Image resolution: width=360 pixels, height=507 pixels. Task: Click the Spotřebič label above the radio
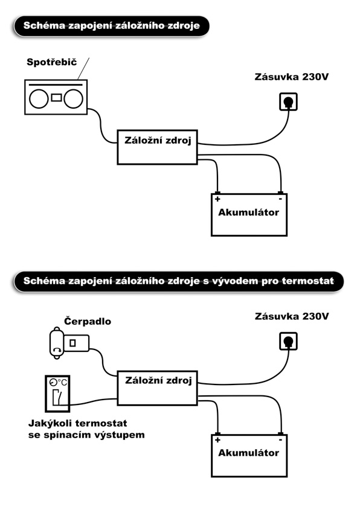[x=52, y=62]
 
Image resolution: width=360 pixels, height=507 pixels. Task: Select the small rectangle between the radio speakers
[x=56, y=97]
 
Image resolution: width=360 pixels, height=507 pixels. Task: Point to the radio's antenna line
[x=83, y=69]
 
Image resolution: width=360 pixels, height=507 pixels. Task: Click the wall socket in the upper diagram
[x=288, y=101]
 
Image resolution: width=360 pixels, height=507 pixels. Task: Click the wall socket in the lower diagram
[x=288, y=341]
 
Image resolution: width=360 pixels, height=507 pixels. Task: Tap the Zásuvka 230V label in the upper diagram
[x=291, y=77]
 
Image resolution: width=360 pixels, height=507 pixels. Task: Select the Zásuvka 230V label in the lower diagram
[x=291, y=316]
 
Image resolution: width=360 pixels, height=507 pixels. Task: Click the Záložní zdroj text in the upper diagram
[x=158, y=141]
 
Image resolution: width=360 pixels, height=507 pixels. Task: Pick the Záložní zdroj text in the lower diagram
[x=158, y=380]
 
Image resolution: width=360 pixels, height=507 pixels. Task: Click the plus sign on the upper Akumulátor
[x=217, y=199]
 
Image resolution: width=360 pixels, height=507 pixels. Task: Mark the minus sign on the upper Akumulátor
[x=280, y=199]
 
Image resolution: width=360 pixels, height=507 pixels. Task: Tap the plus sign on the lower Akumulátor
[x=217, y=440]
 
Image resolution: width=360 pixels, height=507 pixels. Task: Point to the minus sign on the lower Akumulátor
[x=280, y=440]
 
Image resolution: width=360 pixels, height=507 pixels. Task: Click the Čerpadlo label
[x=88, y=321]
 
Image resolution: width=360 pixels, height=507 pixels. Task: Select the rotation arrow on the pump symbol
[x=57, y=349]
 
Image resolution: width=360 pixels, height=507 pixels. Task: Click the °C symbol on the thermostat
[x=62, y=383]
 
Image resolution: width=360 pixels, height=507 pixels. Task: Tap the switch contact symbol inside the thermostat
[x=57, y=397]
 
